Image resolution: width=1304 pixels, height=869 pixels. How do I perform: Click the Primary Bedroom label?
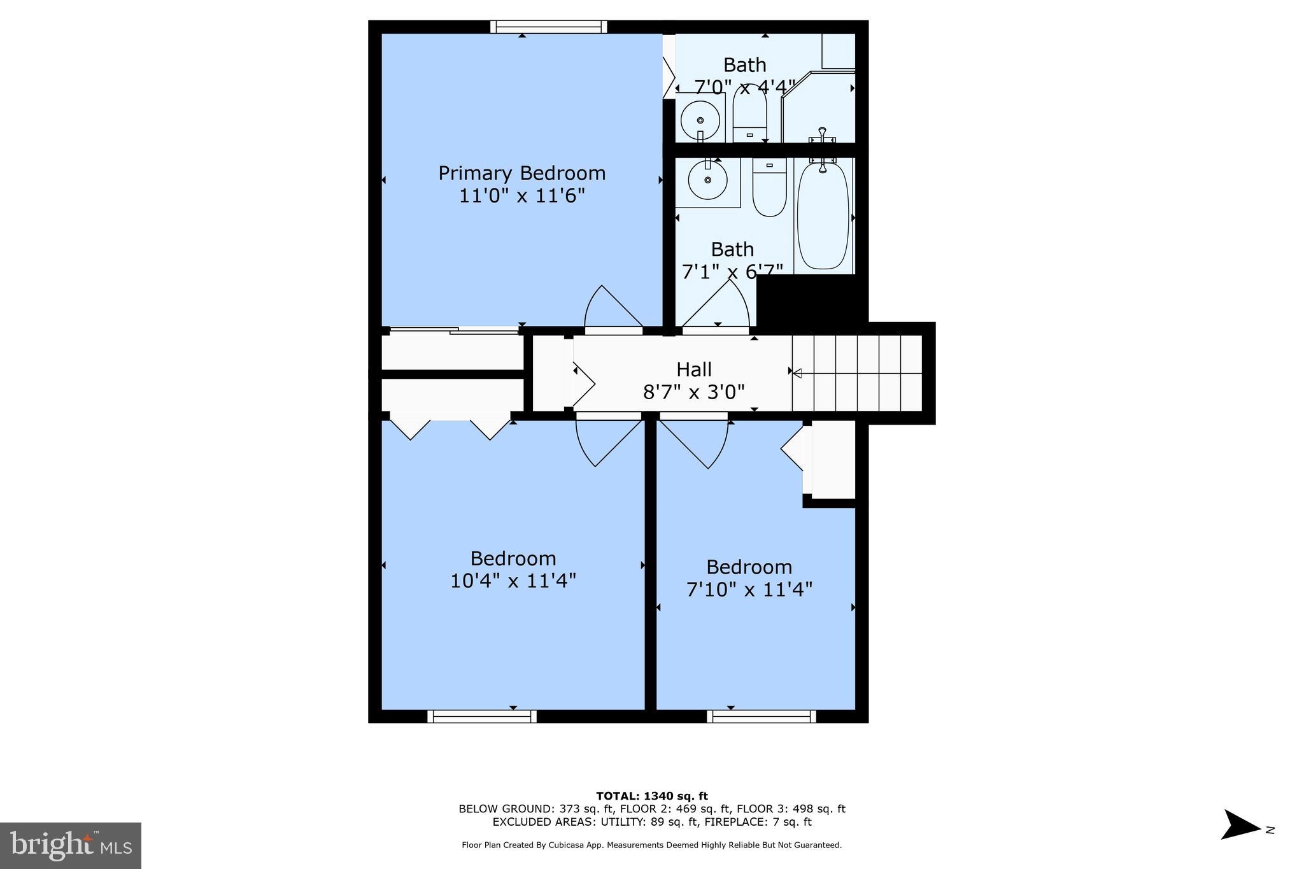(x=521, y=173)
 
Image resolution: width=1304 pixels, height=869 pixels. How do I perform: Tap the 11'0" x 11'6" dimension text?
(x=521, y=195)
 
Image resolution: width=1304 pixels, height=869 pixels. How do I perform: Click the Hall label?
(x=693, y=369)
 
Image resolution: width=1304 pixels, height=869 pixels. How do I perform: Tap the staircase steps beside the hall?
(x=857, y=373)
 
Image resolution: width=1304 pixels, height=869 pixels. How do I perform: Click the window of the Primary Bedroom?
(x=548, y=27)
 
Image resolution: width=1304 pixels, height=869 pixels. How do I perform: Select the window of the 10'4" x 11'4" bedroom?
(x=482, y=716)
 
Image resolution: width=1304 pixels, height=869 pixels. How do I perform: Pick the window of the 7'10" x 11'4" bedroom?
(x=762, y=716)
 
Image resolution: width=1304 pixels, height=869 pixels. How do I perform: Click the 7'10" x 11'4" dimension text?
(x=749, y=590)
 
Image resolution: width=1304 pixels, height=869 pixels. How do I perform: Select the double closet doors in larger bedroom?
(x=450, y=428)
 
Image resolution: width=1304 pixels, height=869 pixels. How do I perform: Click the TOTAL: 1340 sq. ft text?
(x=651, y=796)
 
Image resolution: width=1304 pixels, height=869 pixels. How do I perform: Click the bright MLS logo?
(x=71, y=845)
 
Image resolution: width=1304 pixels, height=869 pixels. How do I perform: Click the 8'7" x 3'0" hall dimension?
(x=693, y=392)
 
